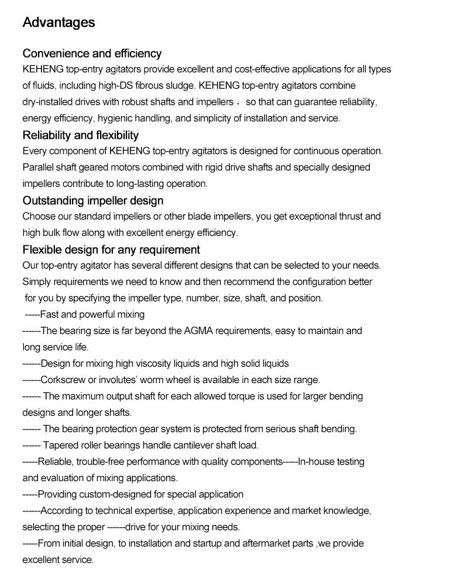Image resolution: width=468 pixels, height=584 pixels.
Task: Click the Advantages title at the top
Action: pyautogui.click(x=58, y=23)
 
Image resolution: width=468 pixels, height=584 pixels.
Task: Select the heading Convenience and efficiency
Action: pyautogui.click(x=92, y=54)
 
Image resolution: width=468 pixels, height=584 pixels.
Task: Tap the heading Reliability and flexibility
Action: pyautogui.click(x=81, y=135)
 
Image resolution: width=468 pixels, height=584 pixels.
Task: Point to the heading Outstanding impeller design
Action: pyautogui.click(x=93, y=201)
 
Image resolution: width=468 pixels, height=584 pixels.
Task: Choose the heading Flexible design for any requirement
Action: pyautogui.click(x=111, y=250)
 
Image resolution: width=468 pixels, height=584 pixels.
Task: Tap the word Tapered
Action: pyautogui.click(x=59, y=445)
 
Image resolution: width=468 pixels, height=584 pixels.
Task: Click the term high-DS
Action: pyautogui.click(x=118, y=85)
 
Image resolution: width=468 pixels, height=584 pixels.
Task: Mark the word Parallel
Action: pyautogui.click(x=38, y=167)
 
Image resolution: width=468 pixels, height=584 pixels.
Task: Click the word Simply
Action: pyautogui.click(x=36, y=281)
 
